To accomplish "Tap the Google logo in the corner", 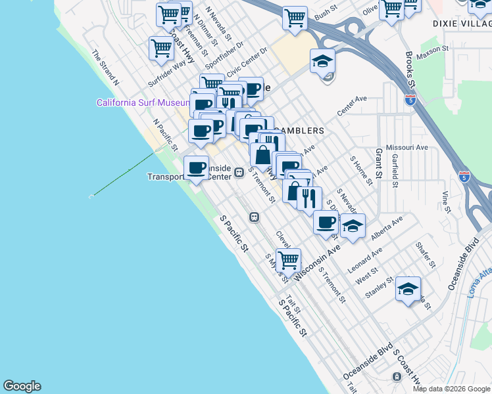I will coord(22,386).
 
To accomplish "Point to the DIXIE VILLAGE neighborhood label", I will coord(462,24).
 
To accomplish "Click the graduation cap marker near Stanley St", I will coord(408,288).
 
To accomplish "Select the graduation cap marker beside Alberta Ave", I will coord(353,227).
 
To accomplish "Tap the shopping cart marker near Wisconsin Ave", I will coord(288,259).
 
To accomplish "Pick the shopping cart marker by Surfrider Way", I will coord(161,47).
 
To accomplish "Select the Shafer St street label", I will coord(426,255).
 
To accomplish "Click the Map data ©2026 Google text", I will coord(451,389).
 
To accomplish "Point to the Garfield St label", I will coord(395,171).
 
